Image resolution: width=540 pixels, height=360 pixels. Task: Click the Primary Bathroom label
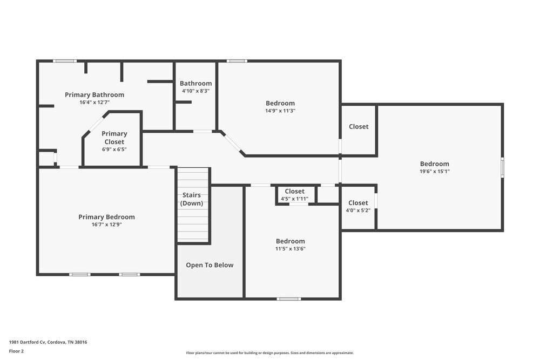(94, 94)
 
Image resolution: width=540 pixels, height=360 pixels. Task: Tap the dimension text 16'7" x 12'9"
(107, 225)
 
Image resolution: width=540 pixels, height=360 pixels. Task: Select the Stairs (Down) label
(192, 199)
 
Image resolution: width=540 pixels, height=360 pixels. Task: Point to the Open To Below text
(210, 265)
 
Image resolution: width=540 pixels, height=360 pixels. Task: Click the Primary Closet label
(114, 138)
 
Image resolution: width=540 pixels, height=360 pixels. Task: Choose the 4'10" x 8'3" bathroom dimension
(195, 91)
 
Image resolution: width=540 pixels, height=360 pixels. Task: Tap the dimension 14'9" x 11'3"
(280, 111)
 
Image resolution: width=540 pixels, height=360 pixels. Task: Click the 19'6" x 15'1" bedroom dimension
(435, 172)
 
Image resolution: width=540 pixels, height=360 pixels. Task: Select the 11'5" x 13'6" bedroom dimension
(291, 249)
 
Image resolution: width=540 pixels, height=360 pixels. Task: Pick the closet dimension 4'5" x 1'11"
(294, 199)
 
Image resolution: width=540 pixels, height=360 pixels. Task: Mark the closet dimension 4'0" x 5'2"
(358, 210)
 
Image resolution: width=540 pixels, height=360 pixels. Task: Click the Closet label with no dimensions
(359, 127)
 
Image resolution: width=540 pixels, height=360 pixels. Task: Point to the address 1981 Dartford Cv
(27, 342)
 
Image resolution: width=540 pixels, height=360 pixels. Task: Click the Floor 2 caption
(16, 351)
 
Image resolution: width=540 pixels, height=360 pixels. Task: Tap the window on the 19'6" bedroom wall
(502, 168)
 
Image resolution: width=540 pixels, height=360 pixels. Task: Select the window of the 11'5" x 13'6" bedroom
(288, 298)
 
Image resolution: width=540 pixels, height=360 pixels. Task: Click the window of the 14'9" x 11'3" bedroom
(237, 62)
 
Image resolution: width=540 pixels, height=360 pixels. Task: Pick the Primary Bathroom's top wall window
(65, 62)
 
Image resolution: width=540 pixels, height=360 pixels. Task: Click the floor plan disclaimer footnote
(270, 353)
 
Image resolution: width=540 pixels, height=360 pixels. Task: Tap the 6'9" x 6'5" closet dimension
(114, 150)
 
